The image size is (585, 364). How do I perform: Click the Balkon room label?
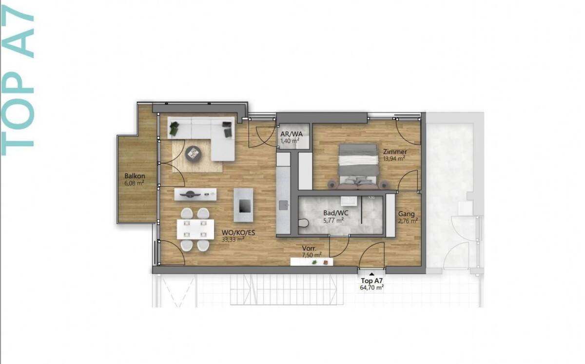(135, 176)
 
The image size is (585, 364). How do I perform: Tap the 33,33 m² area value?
(233, 239)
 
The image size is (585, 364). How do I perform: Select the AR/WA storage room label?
(292, 134)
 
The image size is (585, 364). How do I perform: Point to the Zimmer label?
(395, 152)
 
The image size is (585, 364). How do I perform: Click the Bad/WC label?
(336, 213)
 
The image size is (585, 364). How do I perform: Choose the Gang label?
(407, 214)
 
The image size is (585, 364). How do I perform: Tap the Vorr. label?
(309, 248)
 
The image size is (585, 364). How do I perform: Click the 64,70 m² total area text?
(371, 288)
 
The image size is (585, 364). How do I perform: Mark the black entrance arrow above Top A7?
(371, 274)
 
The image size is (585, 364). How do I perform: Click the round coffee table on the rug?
(193, 153)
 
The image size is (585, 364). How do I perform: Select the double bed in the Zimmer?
(358, 166)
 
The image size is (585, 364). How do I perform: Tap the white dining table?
(195, 229)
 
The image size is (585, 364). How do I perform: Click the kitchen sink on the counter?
(283, 205)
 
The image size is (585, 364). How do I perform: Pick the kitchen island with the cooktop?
(243, 205)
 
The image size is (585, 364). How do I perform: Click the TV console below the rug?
(195, 194)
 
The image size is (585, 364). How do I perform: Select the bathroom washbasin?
(349, 201)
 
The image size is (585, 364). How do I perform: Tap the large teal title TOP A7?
(18, 80)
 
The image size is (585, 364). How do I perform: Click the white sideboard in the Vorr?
(312, 262)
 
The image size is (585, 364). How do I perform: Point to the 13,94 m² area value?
(394, 158)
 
